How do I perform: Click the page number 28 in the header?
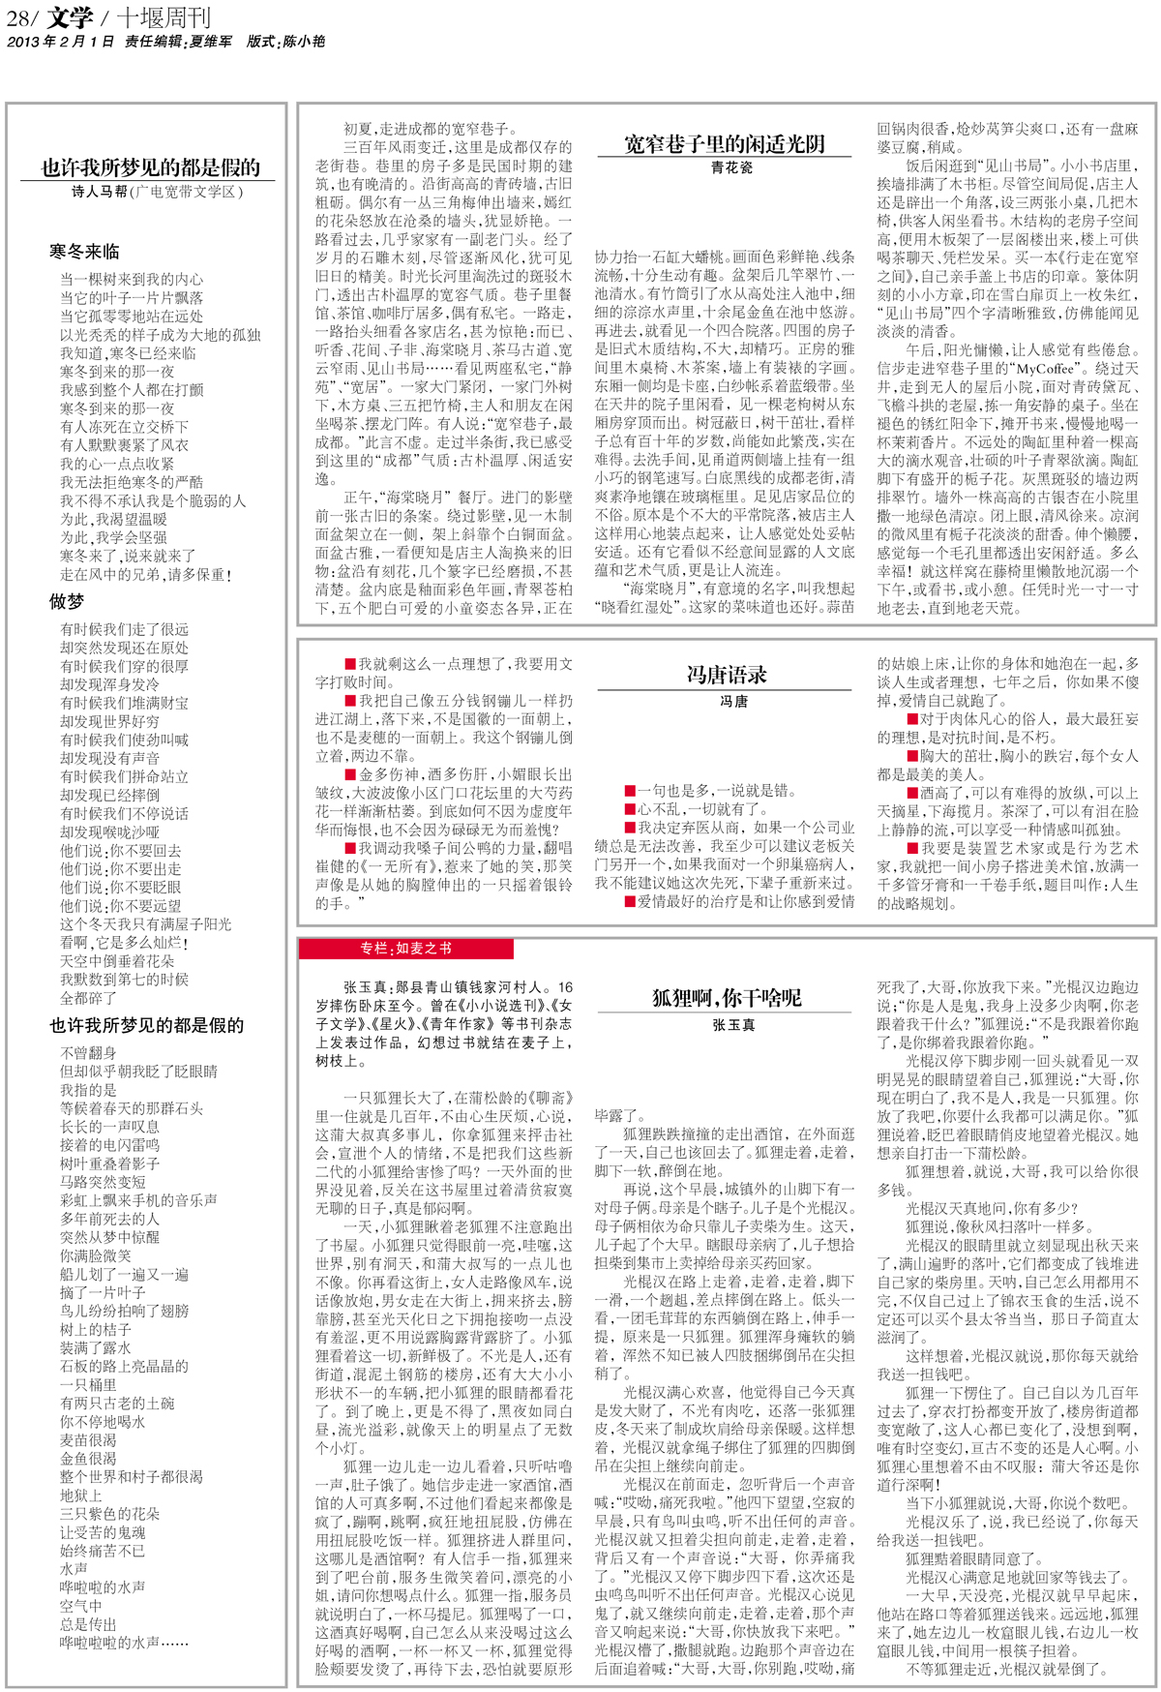click(x=18, y=16)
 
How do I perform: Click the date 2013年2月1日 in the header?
click(x=60, y=42)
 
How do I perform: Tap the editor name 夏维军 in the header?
click(x=211, y=42)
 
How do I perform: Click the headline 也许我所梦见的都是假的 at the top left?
click(x=151, y=167)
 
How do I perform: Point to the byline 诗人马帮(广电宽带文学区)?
click(x=157, y=192)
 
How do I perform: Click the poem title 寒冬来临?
click(x=85, y=252)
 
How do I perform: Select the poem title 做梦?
click(x=67, y=601)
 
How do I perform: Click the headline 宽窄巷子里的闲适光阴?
click(x=725, y=144)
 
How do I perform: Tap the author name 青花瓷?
click(x=731, y=168)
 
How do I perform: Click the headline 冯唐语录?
click(x=727, y=674)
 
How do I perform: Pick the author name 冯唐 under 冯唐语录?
click(x=733, y=700)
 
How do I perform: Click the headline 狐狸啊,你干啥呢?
click(x=727, y=998)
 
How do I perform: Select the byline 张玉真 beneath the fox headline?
click(x=732, y=1024)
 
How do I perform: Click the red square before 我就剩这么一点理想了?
click(x=350, y=664)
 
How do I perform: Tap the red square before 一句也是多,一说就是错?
click(x=630, y=790)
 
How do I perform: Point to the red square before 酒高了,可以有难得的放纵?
click(x=912, y=792)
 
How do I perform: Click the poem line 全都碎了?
click(x=89, y=998)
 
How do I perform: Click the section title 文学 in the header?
click(x=70, y=16)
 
